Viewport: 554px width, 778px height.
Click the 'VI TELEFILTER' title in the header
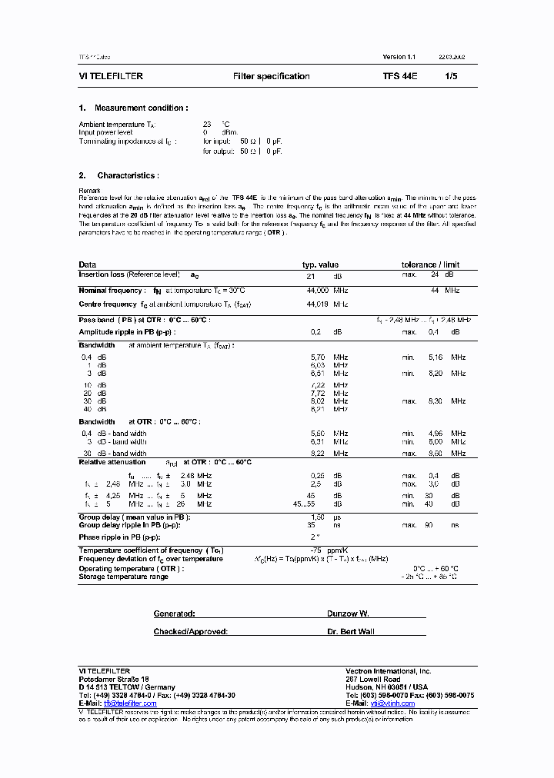[111, 77]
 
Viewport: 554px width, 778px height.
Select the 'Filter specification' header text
[271, 77]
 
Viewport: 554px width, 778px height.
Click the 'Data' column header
[88, 264]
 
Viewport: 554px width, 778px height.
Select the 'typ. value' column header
[320, 264]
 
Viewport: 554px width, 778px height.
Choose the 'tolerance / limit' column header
[430, 264]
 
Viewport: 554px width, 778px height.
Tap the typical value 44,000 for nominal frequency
[317, 291]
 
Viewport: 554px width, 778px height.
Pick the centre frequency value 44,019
[317, 304]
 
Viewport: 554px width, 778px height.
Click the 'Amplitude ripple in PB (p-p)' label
[127, 332]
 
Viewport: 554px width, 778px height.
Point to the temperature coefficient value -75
[315, 550]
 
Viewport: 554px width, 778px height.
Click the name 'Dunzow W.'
[348, 614]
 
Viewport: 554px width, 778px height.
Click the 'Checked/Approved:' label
[190, 631]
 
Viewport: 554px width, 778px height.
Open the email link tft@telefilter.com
[130, 703]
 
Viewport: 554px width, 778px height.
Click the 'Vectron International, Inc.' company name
[389, 671]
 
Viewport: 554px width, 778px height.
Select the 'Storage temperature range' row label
[123, 577]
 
